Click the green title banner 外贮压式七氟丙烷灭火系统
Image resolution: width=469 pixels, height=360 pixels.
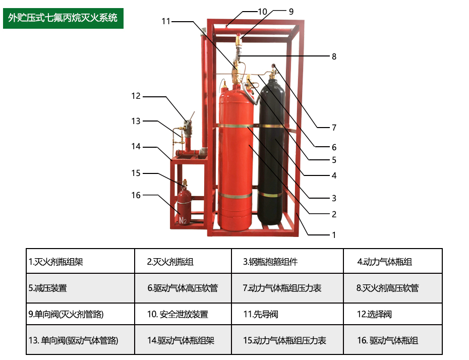[x=63, y=18]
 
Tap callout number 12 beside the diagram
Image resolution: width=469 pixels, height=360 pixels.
[x=136, y=96]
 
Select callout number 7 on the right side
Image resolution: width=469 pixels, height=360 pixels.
[x=333, y=128]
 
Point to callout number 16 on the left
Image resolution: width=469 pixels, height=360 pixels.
[x=136, y=195]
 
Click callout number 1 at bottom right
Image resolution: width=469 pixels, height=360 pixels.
[x=333, y=234]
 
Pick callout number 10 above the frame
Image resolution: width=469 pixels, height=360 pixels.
[x=262, y=11]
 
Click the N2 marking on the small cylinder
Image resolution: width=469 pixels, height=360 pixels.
[x=183, y=220]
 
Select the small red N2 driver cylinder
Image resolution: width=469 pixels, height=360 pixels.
[x=184, y=209]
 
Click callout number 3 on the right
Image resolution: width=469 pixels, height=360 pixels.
[x=333, y=198]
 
